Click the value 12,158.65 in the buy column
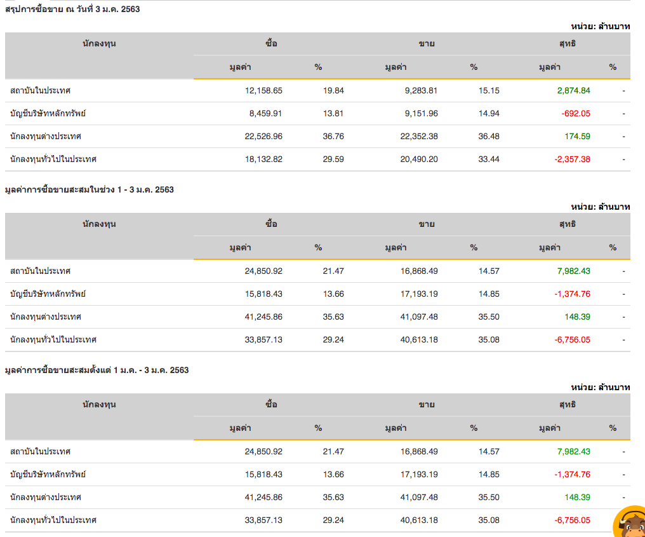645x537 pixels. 263,90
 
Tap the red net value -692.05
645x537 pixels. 576,113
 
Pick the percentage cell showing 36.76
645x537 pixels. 333,136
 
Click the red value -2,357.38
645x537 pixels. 572,159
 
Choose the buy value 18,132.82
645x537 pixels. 263,159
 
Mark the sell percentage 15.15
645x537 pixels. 489,90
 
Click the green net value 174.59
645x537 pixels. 577,136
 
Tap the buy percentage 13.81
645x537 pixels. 333,113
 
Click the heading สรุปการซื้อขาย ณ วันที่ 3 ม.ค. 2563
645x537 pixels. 72,9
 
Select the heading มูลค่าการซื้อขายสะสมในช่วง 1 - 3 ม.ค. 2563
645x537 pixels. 89,189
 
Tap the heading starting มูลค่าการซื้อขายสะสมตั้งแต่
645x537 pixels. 96,370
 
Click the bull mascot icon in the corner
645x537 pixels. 630,523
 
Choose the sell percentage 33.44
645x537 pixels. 489,159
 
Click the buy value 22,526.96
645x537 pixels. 263,136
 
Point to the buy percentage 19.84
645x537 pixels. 333,90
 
